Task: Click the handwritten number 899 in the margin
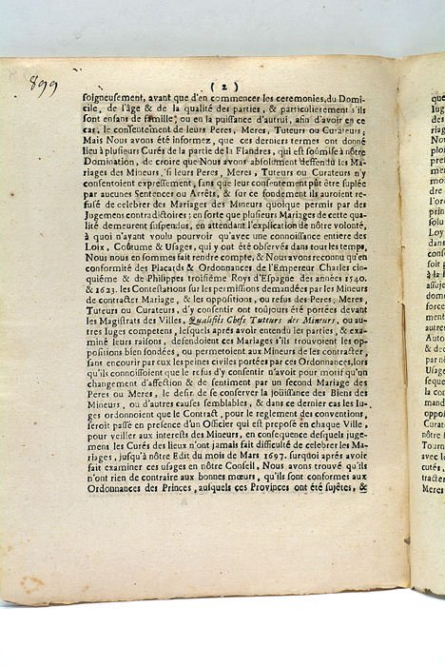tap(43, 87)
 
